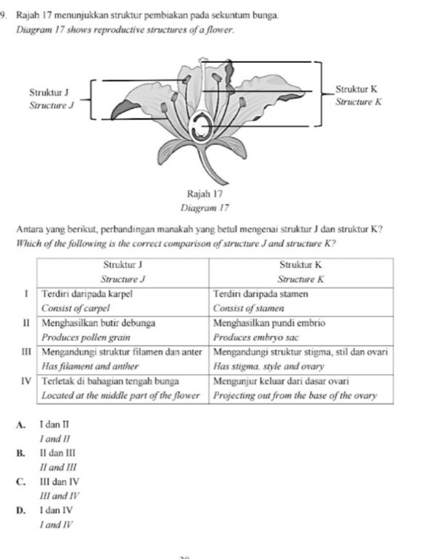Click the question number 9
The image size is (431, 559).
(5, 6)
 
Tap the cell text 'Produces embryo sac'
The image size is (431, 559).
(254, 336)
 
